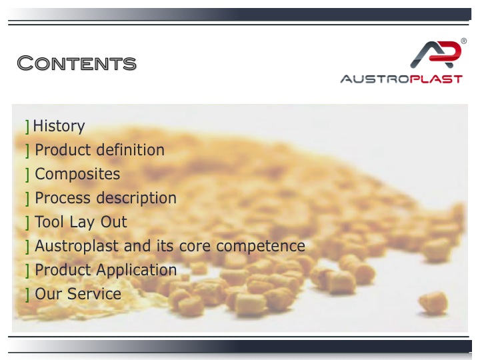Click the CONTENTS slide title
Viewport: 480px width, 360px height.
pyautogui.click(x=77, y=63)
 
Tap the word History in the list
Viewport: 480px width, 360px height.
pyautogui.click(x=59, y=126)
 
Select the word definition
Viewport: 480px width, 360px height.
pyautogui.click(x=131, y=150)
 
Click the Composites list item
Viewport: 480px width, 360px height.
pyautogui.click(x=77, y=174)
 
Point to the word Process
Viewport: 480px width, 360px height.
pyautogui.click(x=63, y=197)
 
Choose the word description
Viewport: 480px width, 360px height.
pyautogui.click(x=137, y=198)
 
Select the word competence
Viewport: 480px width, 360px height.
pyautogui.click(x=261, y=246)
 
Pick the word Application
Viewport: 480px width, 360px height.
pyautogui.click(x=137, y=270)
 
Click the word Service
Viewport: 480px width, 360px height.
pyautogui.click(x=94, y=293)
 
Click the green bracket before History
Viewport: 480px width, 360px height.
pyautogui.click(x=27, y=127)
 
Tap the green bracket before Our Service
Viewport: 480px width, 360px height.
pyautogui.click(x=27, y=295)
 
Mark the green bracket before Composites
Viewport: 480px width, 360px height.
pyautogui.click(x=27, y=175)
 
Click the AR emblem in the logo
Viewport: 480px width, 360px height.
pyautogui.click(x=435, y=54)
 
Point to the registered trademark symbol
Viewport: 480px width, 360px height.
pyautogui.click(x=464, y=41)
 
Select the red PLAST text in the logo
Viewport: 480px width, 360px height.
pyautogui.click(x=436, y=79)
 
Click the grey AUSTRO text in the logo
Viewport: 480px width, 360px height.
pyautogui.click(x=375, y=79)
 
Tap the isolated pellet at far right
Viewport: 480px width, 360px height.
pyautogui.click(x=433, y=303)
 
